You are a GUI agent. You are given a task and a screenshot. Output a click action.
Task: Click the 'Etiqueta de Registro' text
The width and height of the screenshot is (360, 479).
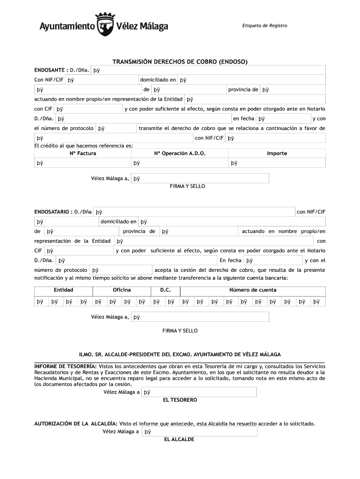(x=265, y=25)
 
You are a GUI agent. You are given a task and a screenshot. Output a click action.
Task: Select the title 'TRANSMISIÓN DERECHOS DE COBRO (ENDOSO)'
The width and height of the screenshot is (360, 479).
(x=180, y=62)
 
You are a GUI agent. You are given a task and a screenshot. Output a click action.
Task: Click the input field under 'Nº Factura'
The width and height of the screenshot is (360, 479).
(x=82, y=163)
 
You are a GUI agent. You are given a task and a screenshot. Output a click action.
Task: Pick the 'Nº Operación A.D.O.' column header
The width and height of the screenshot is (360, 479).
(x=180, y=153)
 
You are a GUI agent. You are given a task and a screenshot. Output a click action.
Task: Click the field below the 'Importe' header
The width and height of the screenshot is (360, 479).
(x=277, y=163)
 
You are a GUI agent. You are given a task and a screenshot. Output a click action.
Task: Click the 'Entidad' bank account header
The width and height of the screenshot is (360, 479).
(x=63, y=290)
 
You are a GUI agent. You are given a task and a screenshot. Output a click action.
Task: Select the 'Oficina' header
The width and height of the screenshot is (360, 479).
(x=122, y=290)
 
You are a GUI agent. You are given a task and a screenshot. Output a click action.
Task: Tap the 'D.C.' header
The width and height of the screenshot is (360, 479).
(x=166, y=290)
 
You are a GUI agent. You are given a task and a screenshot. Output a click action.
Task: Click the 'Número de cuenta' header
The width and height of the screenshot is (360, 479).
(x=252, y=290)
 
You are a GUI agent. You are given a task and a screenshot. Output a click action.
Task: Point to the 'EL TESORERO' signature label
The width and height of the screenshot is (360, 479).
(x=180, y=400)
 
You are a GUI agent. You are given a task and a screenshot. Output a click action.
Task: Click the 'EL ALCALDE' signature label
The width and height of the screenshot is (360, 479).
(x=179, y=440)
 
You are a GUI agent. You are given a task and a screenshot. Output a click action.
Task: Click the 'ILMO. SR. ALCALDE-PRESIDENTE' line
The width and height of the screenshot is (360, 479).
(x=180, y=354)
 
